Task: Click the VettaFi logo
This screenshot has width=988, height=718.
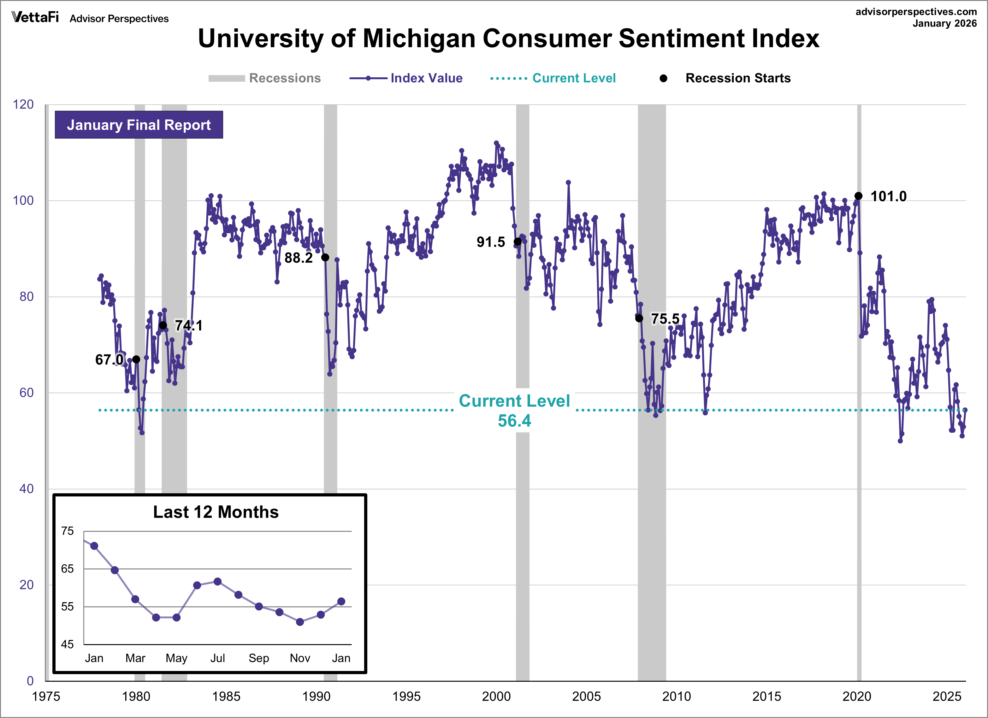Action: (x=35, y=17)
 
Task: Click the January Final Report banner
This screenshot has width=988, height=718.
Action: (x=139, y=125)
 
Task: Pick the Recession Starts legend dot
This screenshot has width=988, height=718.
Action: (x=663, y=78)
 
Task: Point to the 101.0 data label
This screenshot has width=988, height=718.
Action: (x=888, y=197)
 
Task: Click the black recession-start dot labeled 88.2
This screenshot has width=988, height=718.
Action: (x=325, y=258)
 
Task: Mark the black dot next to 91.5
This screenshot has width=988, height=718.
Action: (x=518, y=242)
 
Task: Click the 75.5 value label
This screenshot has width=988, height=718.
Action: (x=665, y=319)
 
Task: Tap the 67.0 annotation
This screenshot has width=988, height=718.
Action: (x=109, y=360)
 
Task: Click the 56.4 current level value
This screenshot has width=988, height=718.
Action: (x=514, y=421)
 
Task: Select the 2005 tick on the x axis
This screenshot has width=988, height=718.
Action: (x=586, y=696)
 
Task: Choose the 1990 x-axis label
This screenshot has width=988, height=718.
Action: (x=316, y=696)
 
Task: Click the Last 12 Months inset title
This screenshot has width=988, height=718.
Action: (x=216, y=512)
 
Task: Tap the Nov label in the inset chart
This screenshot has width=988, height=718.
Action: (x=300, y=658)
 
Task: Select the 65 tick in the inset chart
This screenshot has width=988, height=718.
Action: (x=68, y=569)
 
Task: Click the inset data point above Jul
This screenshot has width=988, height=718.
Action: (x=218, y=582)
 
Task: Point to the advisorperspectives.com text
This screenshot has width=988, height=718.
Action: (x=916, y=12)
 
